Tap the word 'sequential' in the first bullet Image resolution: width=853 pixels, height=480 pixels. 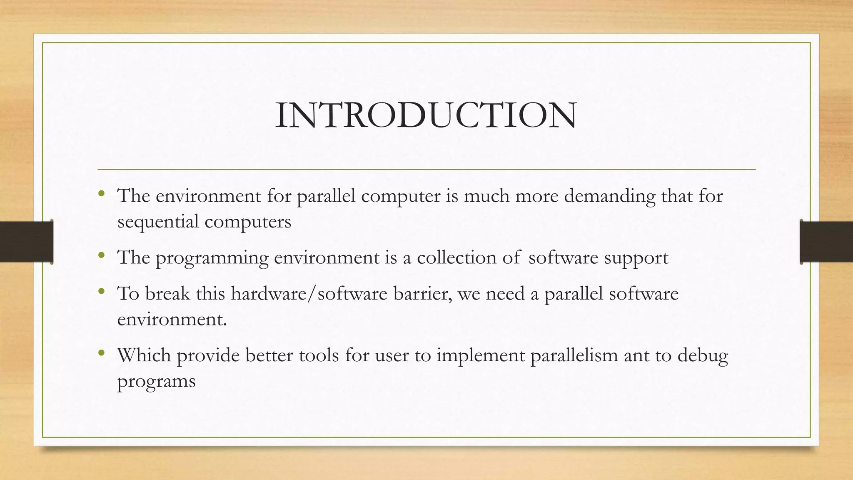(158, 222)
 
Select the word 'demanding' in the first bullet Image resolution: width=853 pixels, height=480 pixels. (609, 196)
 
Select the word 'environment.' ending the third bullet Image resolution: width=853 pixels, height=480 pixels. (172, 320)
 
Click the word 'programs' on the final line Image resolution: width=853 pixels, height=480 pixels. (156, 382)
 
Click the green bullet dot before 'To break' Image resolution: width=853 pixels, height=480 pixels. (101, 292)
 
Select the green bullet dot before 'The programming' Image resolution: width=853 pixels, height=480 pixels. (101, 255)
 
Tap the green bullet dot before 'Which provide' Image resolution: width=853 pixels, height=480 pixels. (101, 353)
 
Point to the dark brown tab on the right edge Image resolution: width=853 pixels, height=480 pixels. (826, 242)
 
